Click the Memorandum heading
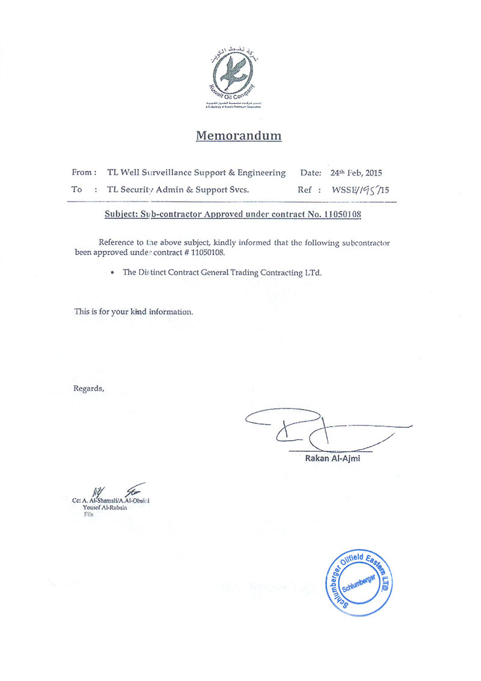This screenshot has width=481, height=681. (x=239, y=135)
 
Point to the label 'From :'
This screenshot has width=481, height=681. (x=84, y=173)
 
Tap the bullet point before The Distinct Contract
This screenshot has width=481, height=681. (x=112, y=273)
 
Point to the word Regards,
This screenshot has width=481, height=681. (x=88, y=388)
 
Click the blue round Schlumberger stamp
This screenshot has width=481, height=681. (x=358, y=582)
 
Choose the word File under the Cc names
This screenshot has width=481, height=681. (x=88, y=515)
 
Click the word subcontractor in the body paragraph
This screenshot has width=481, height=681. (x=358, y=242)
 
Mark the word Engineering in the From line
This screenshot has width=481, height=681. (x=261, y=173)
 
